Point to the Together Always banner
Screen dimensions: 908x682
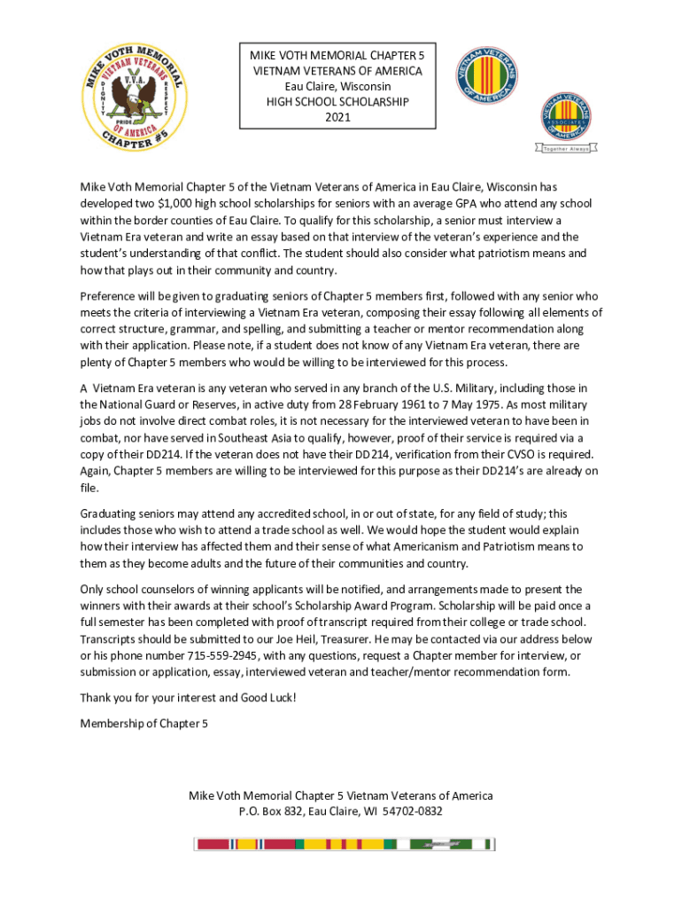[565, 149]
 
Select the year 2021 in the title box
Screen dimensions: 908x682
[337, 118]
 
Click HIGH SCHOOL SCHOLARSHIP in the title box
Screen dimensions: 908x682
[337, 102]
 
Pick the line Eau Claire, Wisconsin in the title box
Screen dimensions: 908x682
[337, 86]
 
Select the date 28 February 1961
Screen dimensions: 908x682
[376, 404]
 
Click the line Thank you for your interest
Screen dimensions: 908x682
[188, 698]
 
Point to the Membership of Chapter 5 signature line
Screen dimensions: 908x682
[143, 724]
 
